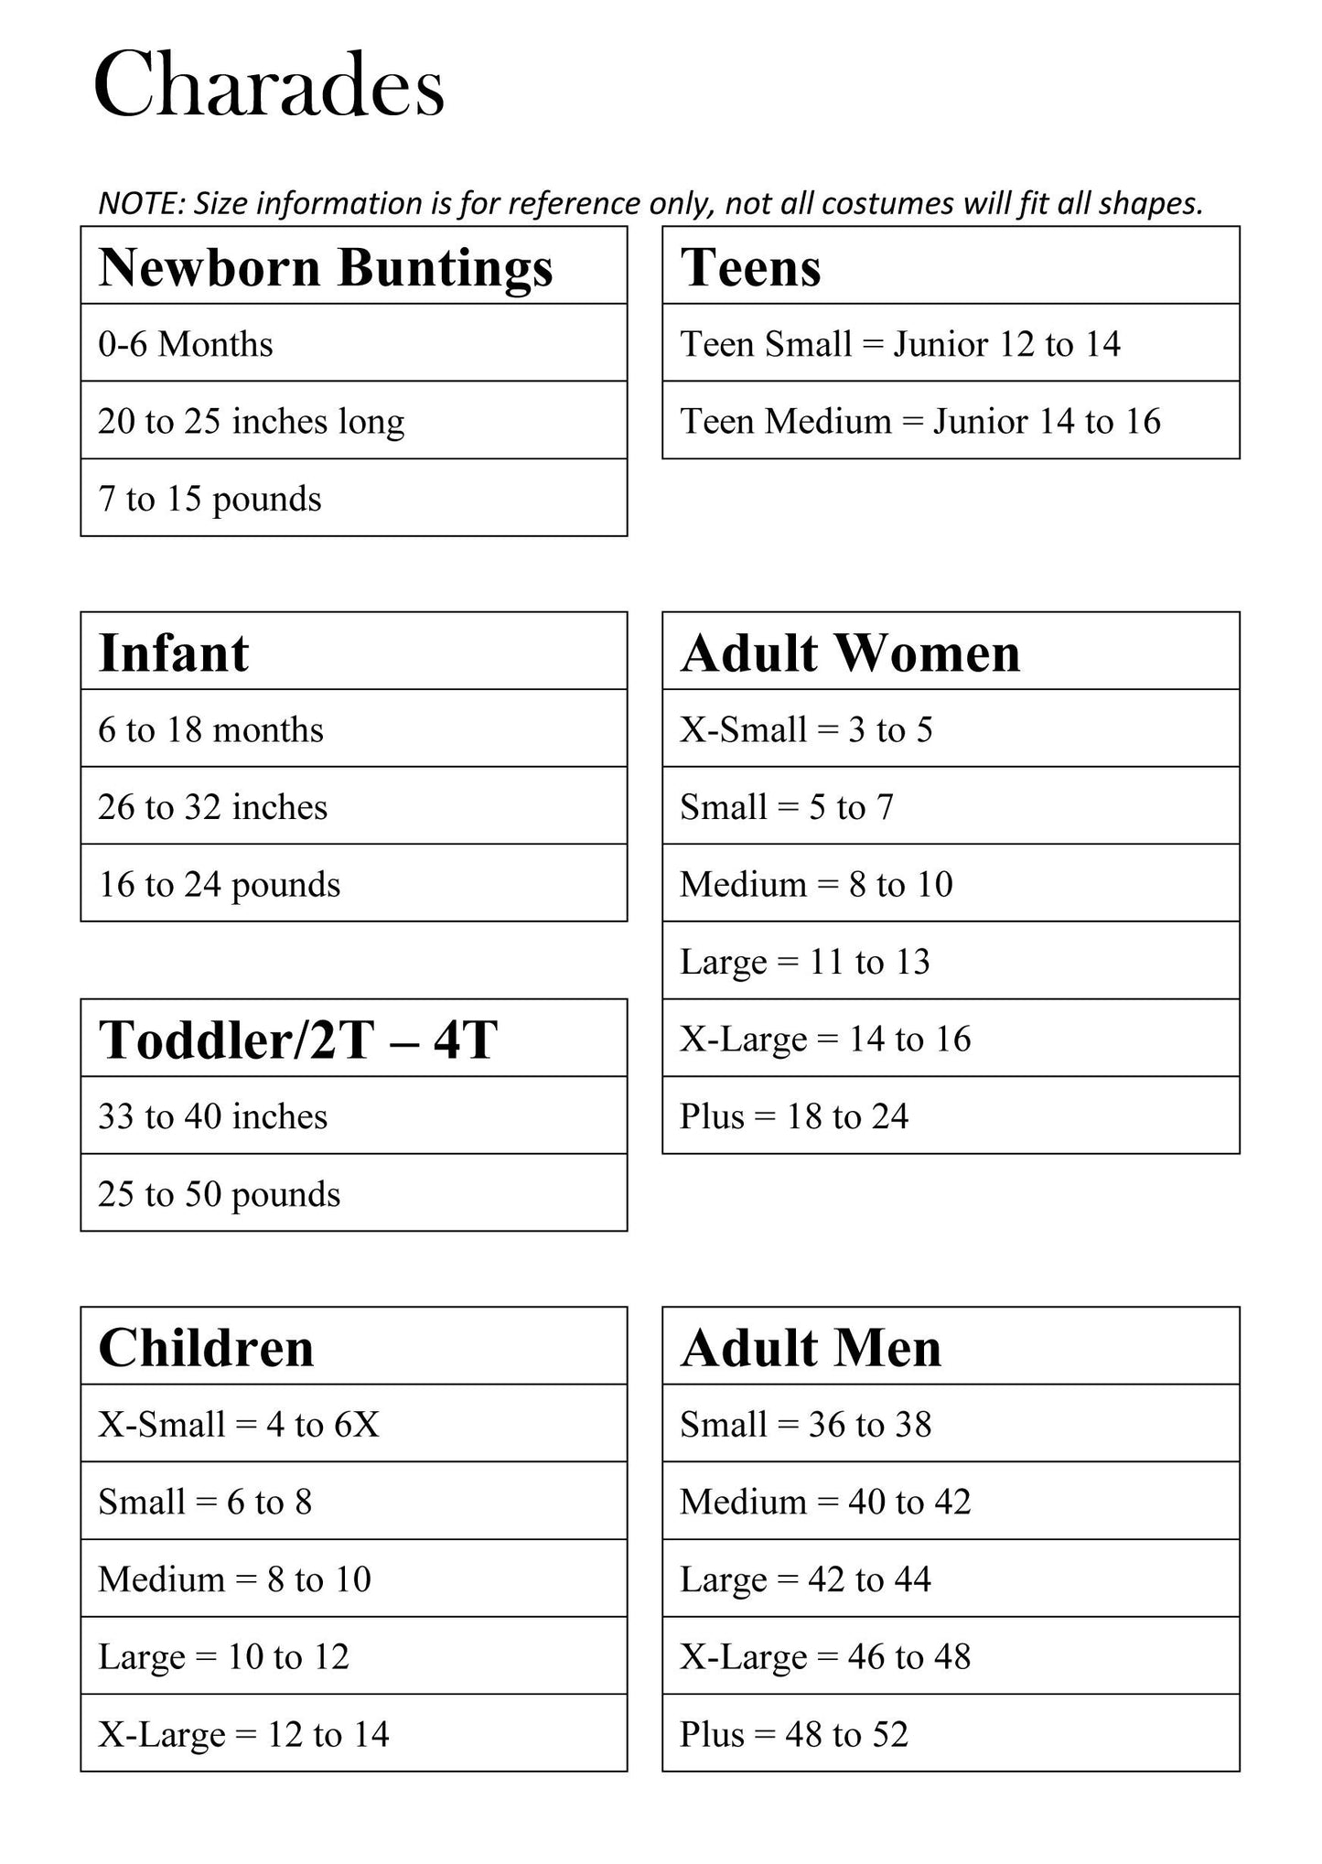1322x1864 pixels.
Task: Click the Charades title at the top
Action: pos(269,86)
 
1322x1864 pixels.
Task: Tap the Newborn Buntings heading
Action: pos(326,267)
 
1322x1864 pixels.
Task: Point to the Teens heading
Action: pos(750,267)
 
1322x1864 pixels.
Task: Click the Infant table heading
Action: pos(173,652)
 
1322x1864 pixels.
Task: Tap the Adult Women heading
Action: pos(850,652)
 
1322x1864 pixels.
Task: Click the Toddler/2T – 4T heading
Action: pos(297,1040)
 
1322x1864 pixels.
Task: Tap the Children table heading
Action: pos(206,1348)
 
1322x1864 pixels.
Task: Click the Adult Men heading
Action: pos(811,1348)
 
